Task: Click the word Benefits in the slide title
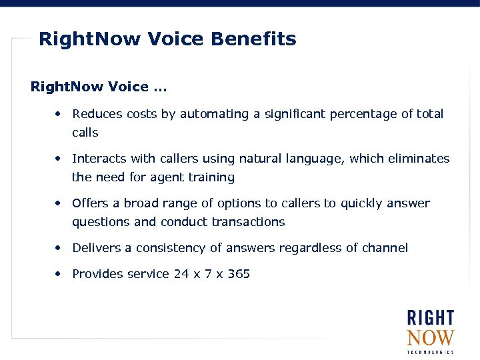pos(253,39)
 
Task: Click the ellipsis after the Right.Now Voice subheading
pos(161,87)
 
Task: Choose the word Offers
pos(90,203)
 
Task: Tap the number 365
pos(239,274)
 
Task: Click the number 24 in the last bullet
pos(181,274)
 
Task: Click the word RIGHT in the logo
pos(430,318)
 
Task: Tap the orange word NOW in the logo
pos(430,337)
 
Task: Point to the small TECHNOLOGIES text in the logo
pos(430,352)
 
